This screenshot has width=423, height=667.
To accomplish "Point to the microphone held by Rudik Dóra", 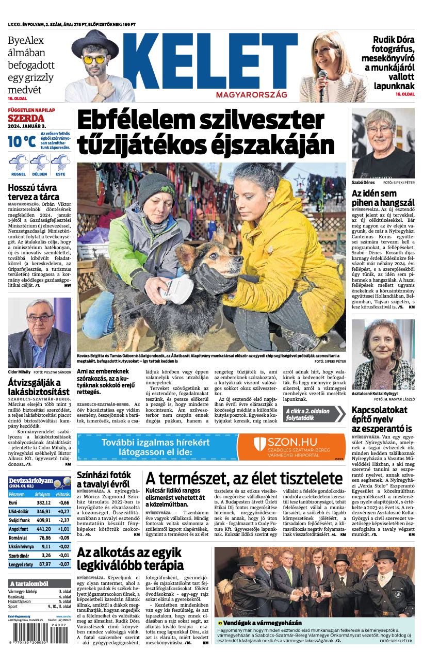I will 323,78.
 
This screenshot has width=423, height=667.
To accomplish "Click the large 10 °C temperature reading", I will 22,141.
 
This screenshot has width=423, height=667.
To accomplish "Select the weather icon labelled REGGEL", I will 19,163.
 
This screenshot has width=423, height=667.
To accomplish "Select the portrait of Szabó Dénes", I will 383,143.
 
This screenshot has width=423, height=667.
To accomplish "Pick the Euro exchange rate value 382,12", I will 44,502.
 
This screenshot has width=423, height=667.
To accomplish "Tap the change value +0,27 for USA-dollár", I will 63,511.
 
